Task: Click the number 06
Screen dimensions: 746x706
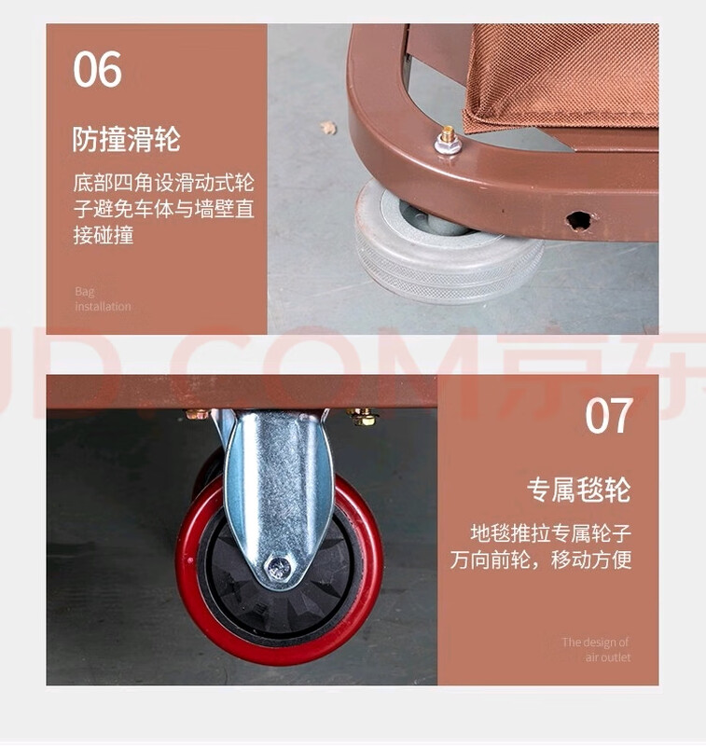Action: (x=98, y=70)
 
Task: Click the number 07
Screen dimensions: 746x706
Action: (x=608, y=416)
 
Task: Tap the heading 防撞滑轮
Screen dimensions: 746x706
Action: (x=126, y=140)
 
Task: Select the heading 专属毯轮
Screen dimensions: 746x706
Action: (x=578, y=490)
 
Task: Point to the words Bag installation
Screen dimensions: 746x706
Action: (x=103, y=298)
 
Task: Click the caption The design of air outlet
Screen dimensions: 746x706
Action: (x=596, y=649)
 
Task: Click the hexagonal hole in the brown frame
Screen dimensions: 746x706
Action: (x=578, y=221)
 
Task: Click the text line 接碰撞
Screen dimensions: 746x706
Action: (x=104, y=235)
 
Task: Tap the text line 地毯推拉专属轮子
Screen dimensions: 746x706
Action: (x=551, y=534)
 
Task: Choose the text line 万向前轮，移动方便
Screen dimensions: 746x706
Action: (x=541, y=560)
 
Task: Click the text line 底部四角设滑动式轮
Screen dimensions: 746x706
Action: (x=163, y=182)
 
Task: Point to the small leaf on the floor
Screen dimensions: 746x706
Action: (x=328, y=128)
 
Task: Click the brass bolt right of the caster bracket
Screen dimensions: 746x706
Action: (x=363, y=417)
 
